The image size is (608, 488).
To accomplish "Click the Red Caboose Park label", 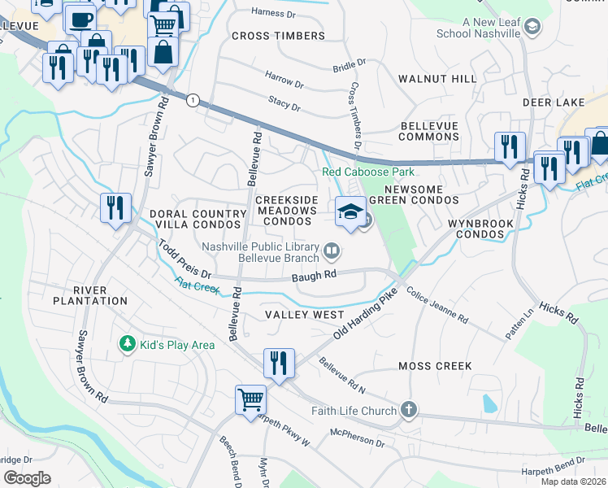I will point(368,172).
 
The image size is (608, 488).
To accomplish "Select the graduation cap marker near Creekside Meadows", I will point(350,213).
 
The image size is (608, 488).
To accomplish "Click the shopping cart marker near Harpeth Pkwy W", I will point(251,399).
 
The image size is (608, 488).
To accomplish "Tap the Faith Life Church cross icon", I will point(408,411).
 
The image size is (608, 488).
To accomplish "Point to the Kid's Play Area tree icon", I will point(126,345).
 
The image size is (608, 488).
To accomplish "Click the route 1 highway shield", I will point(192,100).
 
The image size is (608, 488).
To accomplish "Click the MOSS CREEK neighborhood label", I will point(435,366).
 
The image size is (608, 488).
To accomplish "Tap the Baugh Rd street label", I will point(314,277).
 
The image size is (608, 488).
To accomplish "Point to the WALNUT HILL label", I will point(437,79).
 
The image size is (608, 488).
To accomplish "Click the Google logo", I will point(27,477).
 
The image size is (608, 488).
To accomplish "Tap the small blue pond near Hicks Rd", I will point(489,403).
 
